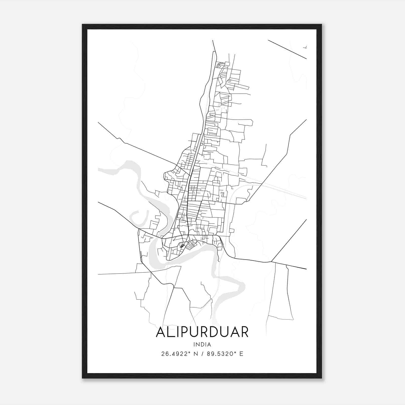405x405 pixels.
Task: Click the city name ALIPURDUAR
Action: click(202, 332)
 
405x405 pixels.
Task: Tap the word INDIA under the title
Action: click(202, 345)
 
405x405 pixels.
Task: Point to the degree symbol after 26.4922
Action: click(189, 352)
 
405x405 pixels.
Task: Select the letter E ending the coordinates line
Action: click(241, 354)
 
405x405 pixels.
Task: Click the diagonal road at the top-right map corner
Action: click(287, 49)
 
